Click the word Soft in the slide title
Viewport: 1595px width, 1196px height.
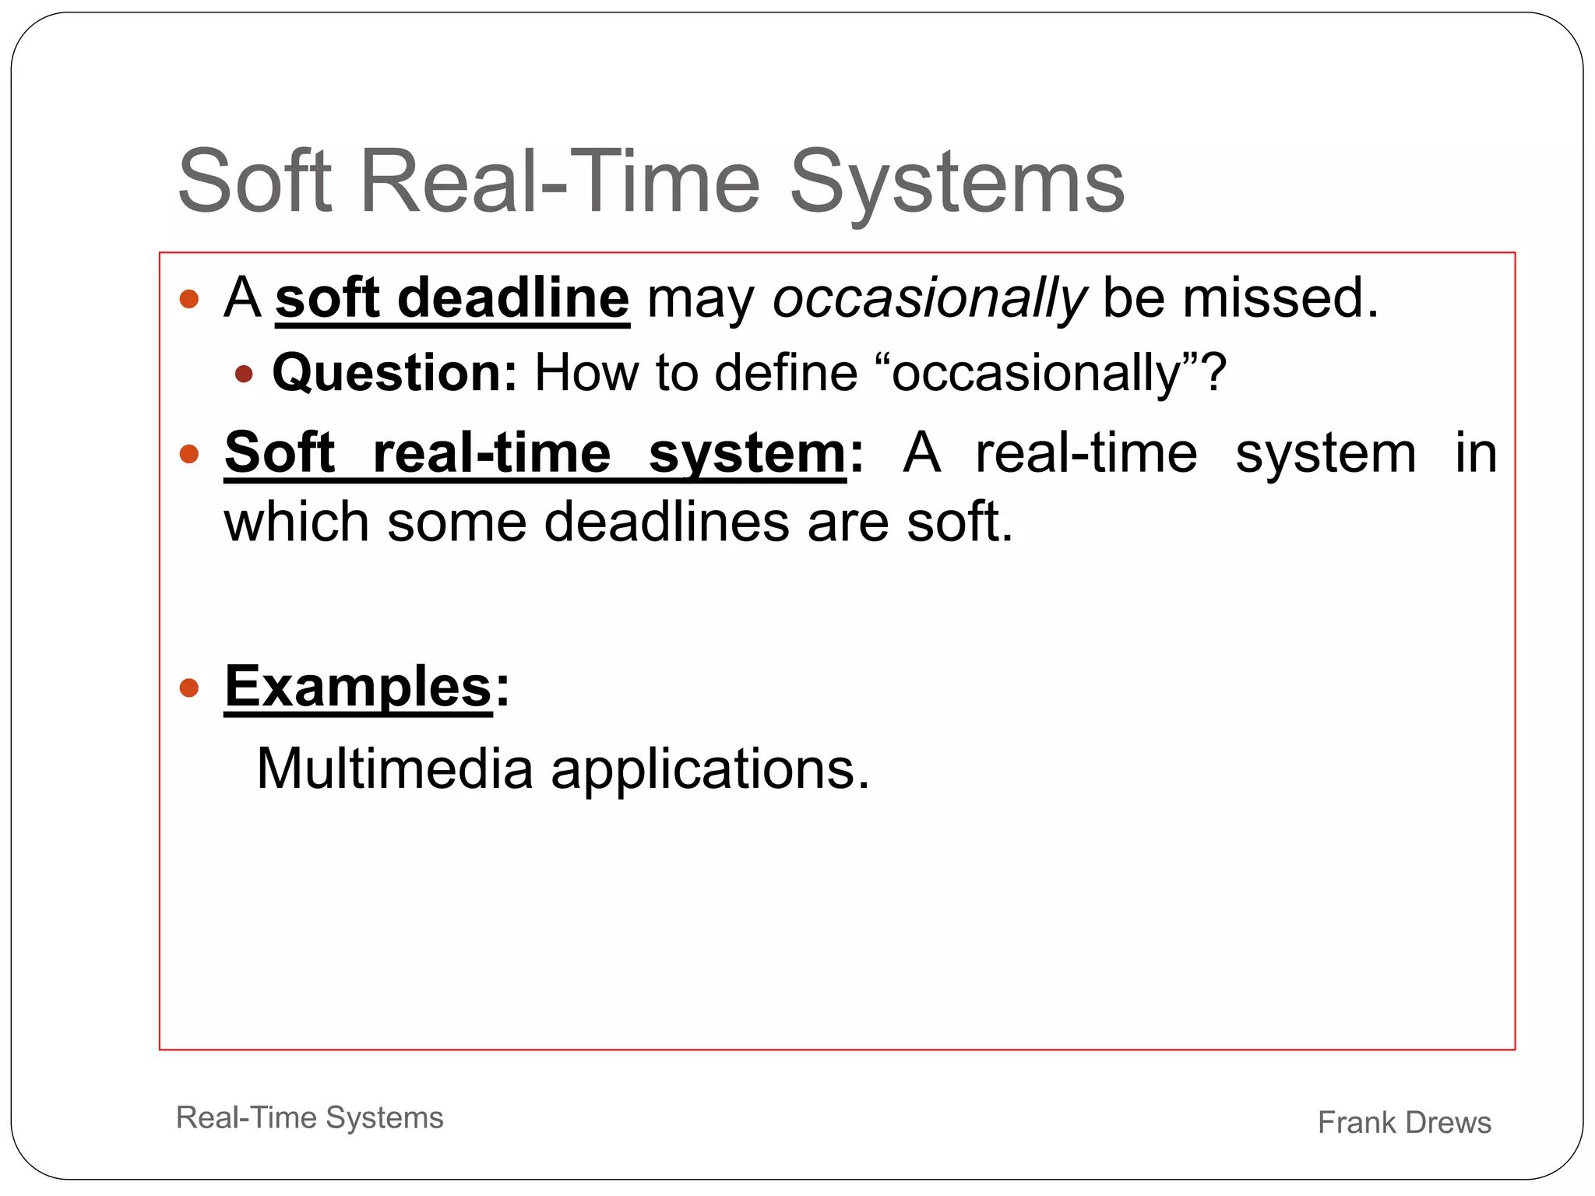(255, 182)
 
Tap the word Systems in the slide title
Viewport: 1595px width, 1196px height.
(957, 182)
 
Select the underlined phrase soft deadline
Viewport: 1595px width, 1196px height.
(452, 298)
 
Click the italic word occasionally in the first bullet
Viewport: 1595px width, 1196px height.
(928, 298)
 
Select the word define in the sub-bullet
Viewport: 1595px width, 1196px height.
(786, 372)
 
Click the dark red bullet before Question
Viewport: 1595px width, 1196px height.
(244, 375)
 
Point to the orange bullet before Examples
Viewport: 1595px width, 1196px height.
(189, 688)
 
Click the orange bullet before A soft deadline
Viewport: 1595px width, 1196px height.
(189, 299)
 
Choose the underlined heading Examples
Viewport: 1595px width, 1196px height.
(358, 687)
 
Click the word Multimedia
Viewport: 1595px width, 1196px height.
(394, 769)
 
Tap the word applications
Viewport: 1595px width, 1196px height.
(709, 769)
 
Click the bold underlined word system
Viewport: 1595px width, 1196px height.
(746, 453)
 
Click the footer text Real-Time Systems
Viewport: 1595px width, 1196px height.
(309, 1117)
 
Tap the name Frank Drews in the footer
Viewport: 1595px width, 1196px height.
(1404, 1122)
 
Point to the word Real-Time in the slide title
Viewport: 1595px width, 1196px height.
(559, 182)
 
